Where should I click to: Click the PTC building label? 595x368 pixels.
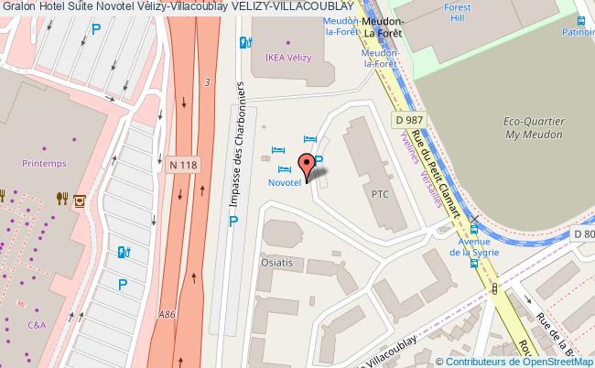380,194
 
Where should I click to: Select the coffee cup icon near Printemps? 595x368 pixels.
80,197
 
